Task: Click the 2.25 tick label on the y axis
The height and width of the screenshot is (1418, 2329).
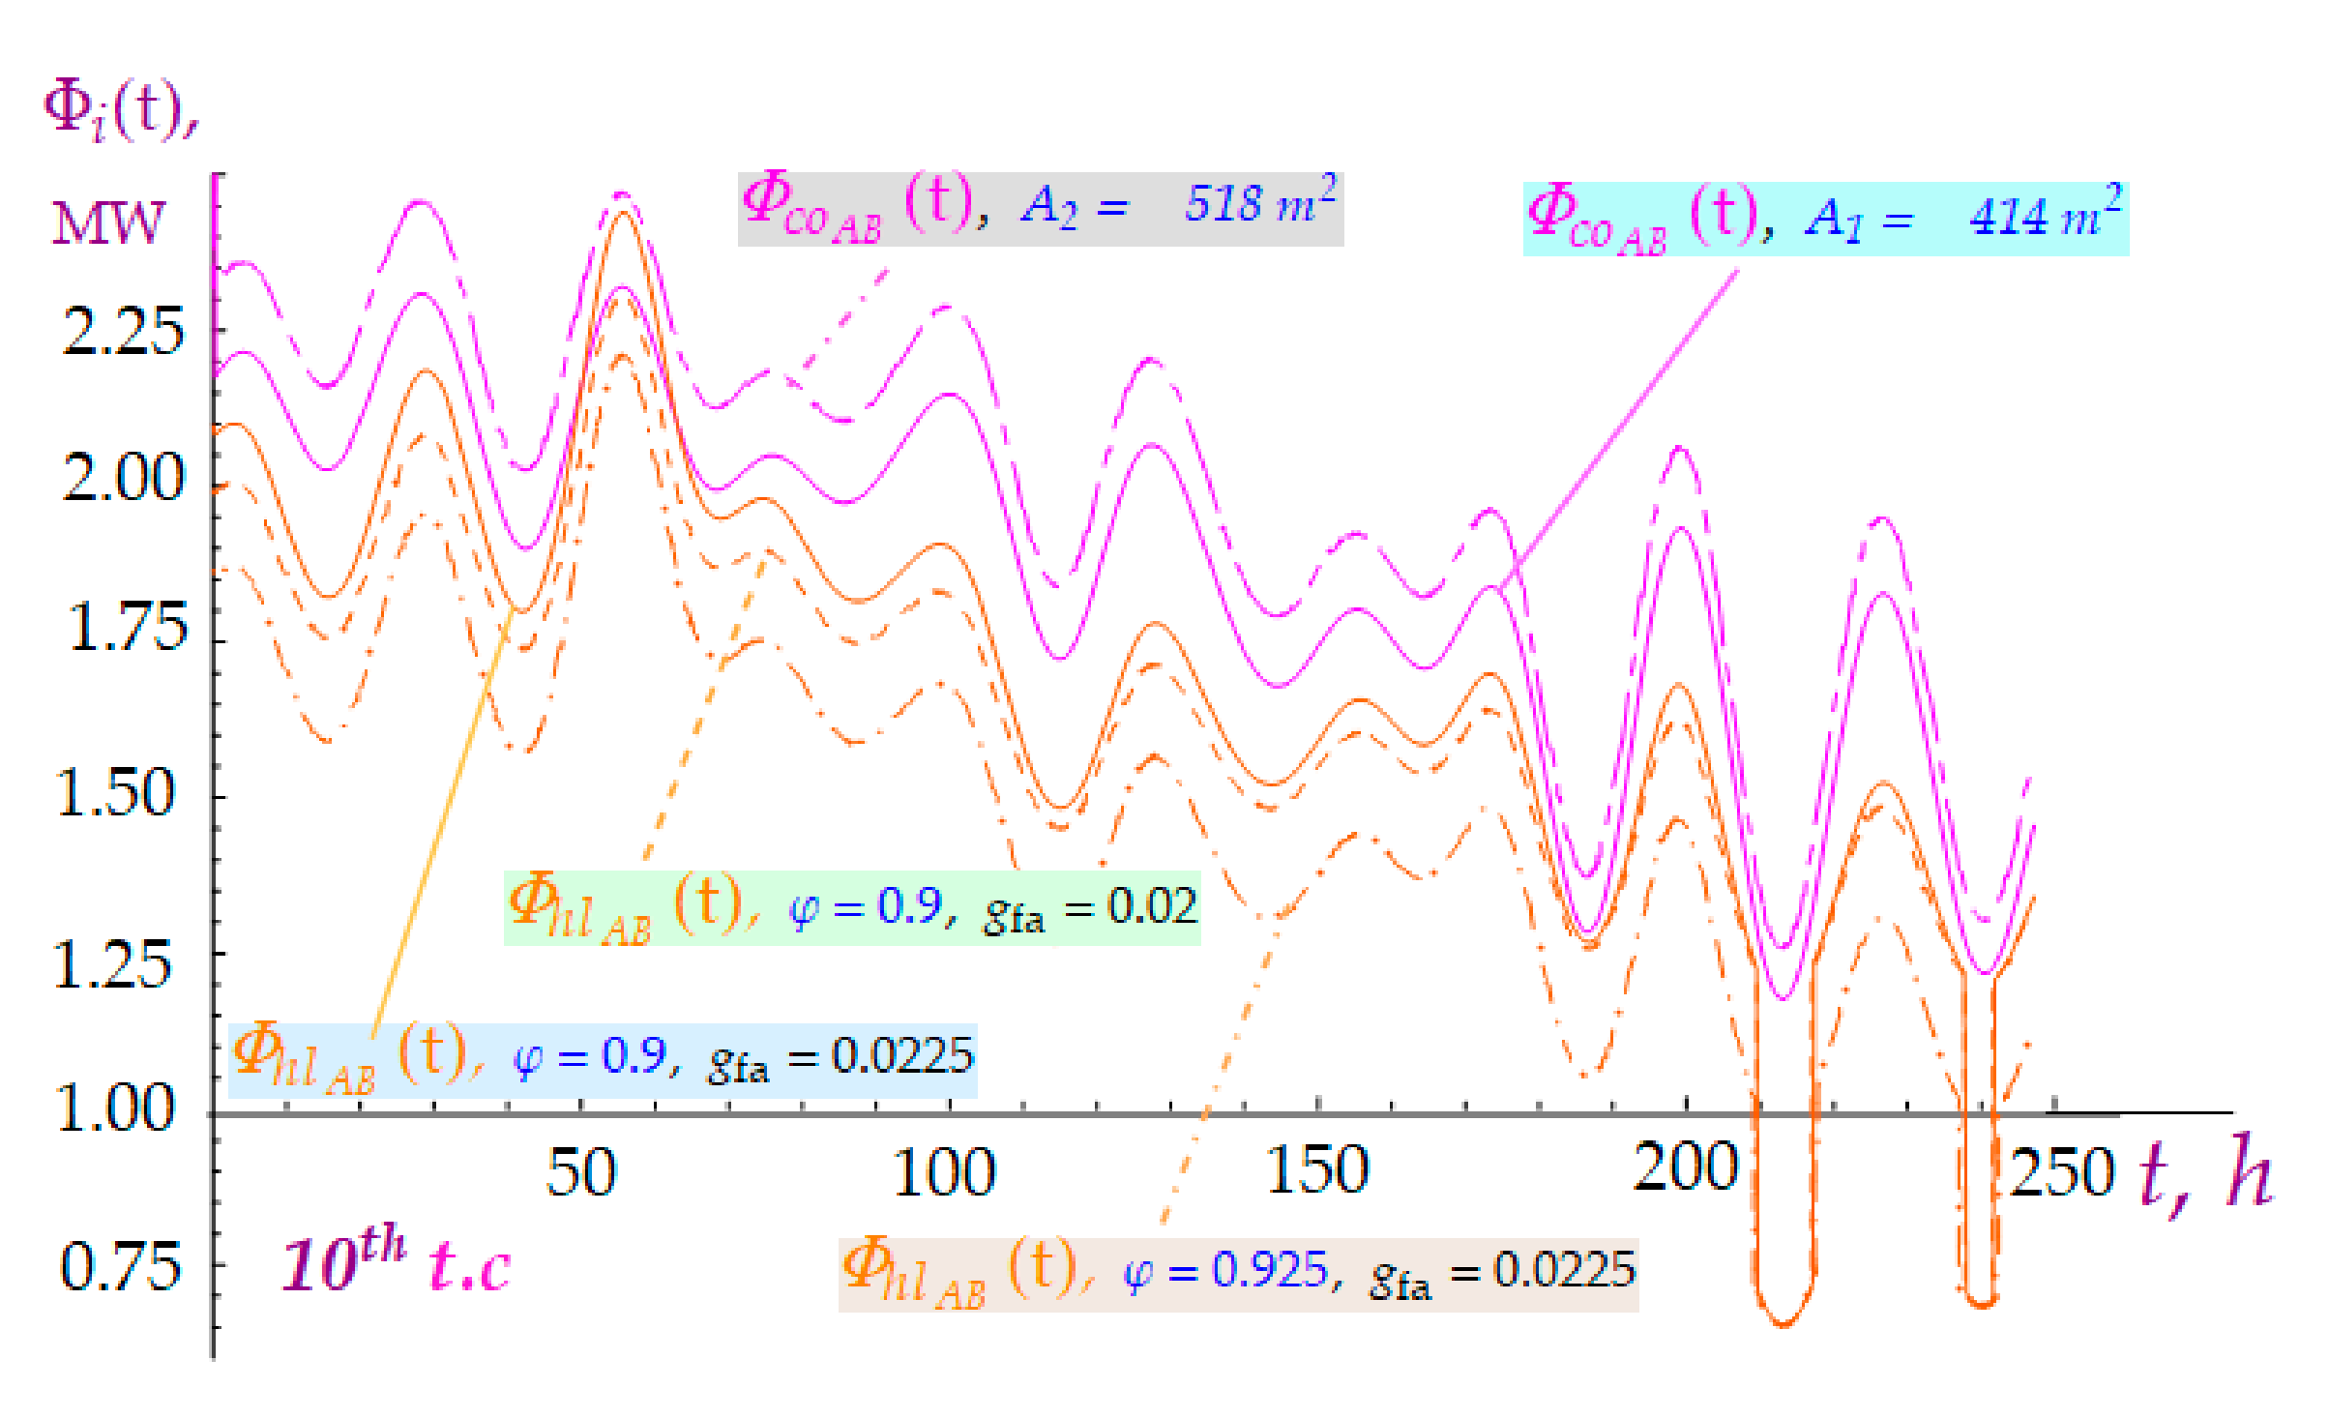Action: (122, 331)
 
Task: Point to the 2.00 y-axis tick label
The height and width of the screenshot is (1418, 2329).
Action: (122, 477)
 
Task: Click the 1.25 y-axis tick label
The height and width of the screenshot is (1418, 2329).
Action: (112, 965)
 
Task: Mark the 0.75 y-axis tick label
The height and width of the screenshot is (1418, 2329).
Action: (120, 1267)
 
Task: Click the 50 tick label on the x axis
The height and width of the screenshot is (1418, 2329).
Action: (581, 1172)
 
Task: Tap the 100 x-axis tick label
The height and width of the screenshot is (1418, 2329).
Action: (944, 1172)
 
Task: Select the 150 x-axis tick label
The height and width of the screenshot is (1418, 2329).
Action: (1317, 1169)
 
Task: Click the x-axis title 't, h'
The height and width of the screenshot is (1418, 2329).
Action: (2205, 1174)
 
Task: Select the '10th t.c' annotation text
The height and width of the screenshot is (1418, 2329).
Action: (396, 1261)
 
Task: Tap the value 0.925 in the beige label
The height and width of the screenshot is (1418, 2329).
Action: (1271, 1270)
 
